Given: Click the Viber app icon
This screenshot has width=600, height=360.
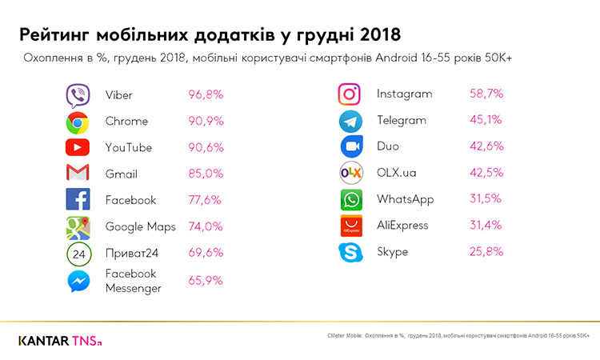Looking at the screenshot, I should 78,95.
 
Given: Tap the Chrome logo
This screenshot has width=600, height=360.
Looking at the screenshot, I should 78,122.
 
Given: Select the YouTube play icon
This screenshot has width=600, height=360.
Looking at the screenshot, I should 78,148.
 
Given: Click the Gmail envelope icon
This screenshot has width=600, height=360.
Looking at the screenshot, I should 78,174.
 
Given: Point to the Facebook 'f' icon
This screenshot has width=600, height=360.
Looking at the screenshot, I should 78,200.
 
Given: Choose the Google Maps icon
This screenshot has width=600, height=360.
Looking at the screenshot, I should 78,227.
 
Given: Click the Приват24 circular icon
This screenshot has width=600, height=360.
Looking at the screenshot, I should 78,254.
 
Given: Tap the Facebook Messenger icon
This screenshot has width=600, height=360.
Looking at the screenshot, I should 78,281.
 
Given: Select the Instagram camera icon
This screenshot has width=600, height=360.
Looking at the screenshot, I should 350,94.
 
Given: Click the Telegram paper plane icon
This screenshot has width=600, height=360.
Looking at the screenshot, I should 350,121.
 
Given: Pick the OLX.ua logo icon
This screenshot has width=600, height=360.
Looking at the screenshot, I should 350,173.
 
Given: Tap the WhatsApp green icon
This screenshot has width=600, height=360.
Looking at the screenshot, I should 350,200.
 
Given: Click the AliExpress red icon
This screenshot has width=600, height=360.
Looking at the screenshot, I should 350,226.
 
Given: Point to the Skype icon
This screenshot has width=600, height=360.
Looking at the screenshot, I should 350,253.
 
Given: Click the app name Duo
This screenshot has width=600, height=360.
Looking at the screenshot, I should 388,147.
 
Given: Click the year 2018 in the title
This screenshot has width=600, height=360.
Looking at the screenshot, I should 373,36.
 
